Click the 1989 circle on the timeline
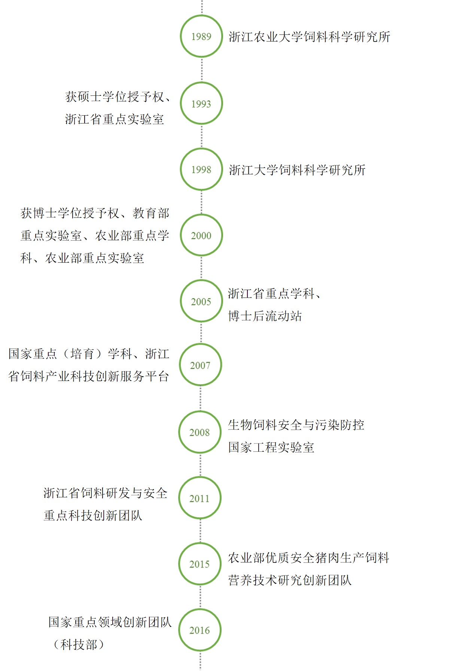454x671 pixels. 201,15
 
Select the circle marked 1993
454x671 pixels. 201,82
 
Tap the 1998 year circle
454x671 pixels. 201,149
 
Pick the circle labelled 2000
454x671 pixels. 201,214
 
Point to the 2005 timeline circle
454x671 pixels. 201,280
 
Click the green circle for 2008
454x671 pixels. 200,411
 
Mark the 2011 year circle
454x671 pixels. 200,477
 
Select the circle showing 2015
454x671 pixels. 200,543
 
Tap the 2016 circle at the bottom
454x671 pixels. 200,609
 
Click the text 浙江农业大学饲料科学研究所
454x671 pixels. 309,37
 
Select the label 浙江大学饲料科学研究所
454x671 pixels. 297,170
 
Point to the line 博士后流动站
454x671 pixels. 265,316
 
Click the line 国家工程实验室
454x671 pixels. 271,447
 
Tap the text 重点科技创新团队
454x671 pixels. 93,515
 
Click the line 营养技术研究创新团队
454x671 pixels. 290,580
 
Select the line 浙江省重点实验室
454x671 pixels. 115,119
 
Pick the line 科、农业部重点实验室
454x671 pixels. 82,258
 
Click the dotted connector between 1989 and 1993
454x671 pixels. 202,70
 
